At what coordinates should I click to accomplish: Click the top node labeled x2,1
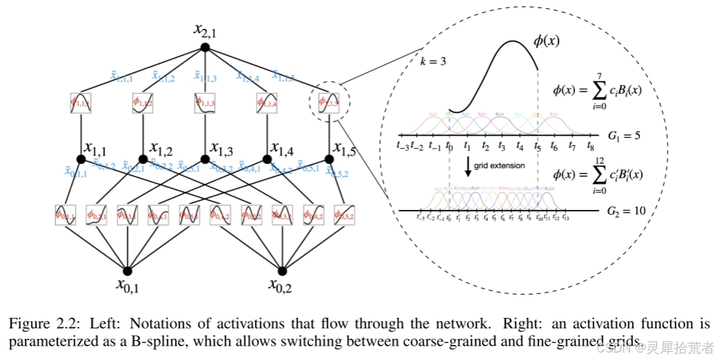(x=205, y=47)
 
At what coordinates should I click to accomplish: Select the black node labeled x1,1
(x=81, y=159)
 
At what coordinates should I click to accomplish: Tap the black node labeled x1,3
(x=205, y=159)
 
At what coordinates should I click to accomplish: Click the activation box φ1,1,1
(x=81, y=103)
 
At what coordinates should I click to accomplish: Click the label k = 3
(x=433, y=61)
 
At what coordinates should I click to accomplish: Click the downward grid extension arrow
(x=468, y=168)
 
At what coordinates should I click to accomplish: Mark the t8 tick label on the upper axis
(x=590, y=147)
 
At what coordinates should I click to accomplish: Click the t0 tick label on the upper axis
(x=449, y=147)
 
